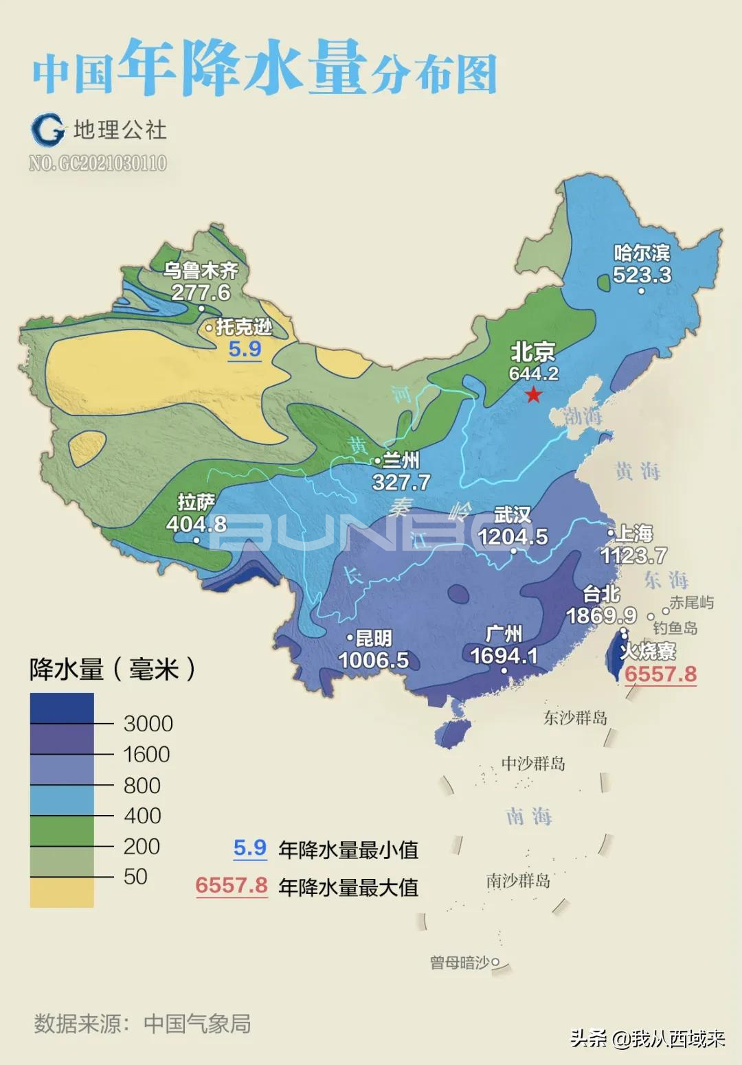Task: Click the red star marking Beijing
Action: coord(534,395)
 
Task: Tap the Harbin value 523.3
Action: coord(642,275)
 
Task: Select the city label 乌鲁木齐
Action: coord(200,270)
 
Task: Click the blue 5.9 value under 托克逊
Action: coord(245,349)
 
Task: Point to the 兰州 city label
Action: coord(401,460)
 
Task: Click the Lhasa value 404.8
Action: coord(196,524)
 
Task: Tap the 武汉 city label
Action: coord(513,514)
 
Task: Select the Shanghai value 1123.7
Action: coord(633,555)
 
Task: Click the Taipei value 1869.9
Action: coord(601,615)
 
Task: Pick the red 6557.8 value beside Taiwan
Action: coord(660,674)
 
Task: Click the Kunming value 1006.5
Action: coord(373,660)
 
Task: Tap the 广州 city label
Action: coord(504,633)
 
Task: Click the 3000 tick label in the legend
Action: coord(148,723)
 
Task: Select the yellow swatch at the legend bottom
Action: coord(62,892)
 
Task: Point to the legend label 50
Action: coord(135,876)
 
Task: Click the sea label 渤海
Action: coord(583,416)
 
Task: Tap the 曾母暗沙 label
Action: coord(460,963)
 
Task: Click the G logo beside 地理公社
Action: coord(47,129)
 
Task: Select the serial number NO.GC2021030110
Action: coord(98,163)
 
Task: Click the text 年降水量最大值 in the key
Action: coord(348,887)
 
